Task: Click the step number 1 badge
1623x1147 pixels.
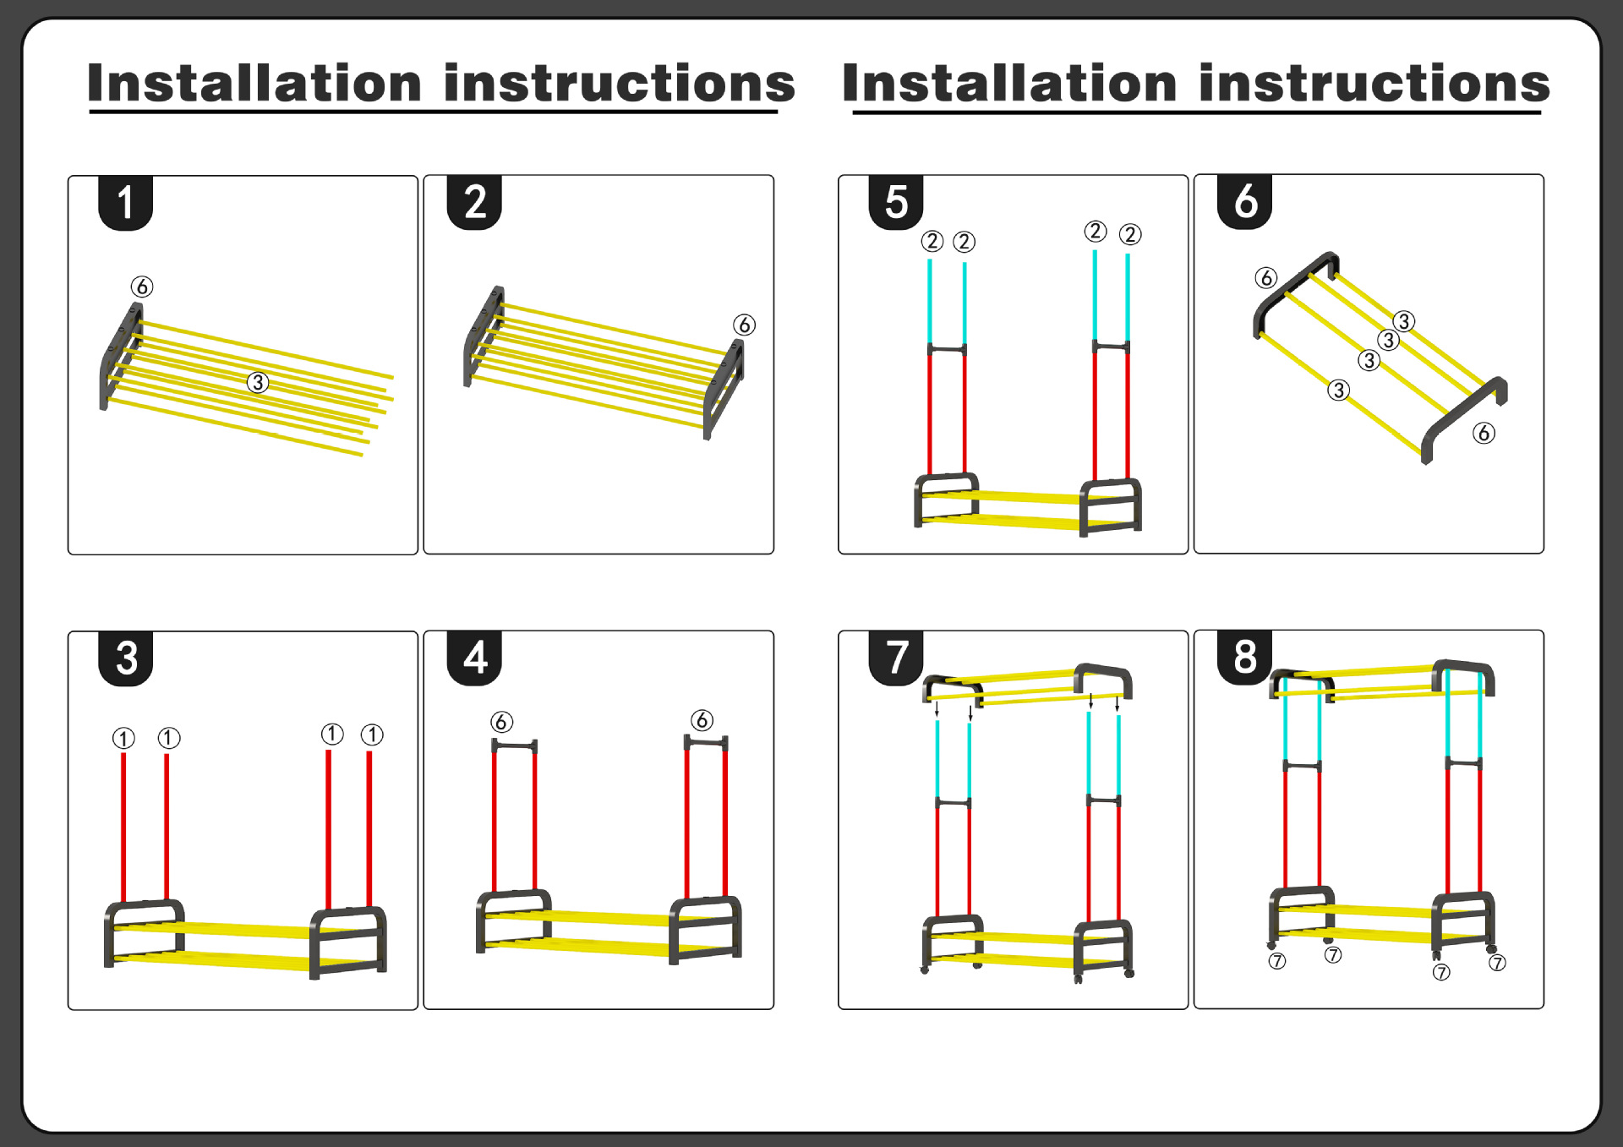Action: (x=125, y=203)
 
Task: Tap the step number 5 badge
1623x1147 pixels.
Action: (x=896, y=203)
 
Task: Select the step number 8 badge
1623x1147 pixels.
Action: (x=1245, y=657)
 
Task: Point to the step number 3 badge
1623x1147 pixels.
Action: (x=126, y=658)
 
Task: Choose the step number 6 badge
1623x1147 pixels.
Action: (x=1245, y=202)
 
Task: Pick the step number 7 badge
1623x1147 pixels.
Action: (x=896, y=657)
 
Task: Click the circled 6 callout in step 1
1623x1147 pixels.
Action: (x=142, y=287)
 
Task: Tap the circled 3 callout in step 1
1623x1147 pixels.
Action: (x=258, y=382)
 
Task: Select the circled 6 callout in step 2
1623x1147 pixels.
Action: (x=744, y=325)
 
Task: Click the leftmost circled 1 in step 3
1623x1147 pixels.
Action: (x=123, y=738)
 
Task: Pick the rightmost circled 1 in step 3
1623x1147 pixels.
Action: (x=372, y=735)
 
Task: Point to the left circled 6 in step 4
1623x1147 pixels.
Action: (x=501, y=722)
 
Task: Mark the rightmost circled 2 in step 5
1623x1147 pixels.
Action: (x=1130, y=234)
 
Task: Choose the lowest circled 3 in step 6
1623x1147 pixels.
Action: (x=1338, y=390)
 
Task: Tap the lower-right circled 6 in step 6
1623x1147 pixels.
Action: (x=1484, y=433)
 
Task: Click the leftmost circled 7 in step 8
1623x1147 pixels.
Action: (x=1277, y=961)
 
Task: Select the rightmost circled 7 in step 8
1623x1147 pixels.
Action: (x=1497, y=963)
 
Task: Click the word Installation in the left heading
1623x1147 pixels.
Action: (x=254, y=84)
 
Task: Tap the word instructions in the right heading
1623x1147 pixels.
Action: (x=1374, y=84)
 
